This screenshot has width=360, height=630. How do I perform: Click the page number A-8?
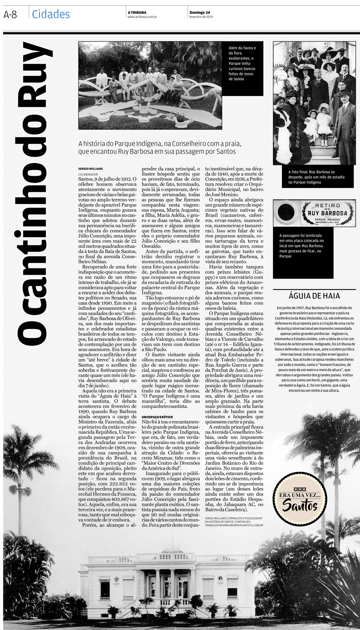[x=10, y=14]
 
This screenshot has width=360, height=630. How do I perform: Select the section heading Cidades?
[x=51, y=14]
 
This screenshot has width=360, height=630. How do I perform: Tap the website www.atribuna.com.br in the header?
[x=142, y=17]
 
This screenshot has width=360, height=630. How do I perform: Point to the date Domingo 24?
[x=200, y=13]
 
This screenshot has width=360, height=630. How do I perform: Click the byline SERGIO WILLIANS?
[x=90, y=169]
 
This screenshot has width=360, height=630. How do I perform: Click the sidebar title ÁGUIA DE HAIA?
[x=314, y=296]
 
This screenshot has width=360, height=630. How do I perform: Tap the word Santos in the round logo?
[x=299, y=505]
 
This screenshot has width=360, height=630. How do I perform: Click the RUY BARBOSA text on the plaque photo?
[x=327, y=213]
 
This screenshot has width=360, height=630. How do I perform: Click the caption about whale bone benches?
[x=242, y=64]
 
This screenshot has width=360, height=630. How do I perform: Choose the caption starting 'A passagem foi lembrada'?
[x=301, y=246]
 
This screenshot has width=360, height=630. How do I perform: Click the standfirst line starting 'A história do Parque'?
[x=160, y=144]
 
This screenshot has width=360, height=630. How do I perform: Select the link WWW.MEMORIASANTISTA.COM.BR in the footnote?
[x=243, y=525]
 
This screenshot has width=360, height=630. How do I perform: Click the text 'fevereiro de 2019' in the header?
[x=201, y=17]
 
